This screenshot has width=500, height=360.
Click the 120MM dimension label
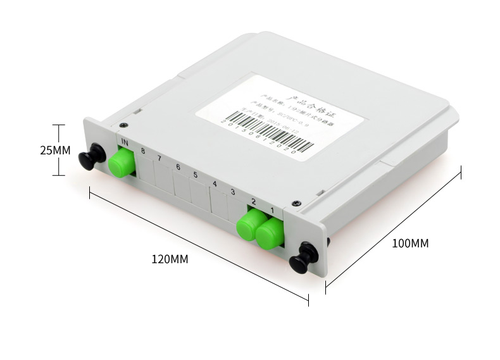(170, 259)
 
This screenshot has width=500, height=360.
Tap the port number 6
(178, 167)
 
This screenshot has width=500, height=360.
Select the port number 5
(196, 175)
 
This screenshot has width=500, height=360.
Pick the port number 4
(215, 184)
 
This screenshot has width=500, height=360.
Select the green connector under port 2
(251, 224)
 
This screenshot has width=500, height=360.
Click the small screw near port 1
(294, 203)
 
